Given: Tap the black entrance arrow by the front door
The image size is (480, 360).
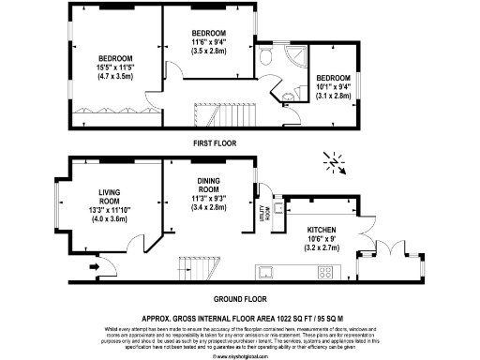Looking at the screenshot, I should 92,266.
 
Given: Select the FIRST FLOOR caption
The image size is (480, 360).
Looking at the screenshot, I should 214,143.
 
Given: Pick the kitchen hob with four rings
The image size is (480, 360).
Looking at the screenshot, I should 326,274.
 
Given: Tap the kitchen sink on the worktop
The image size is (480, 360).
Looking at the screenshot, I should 267,274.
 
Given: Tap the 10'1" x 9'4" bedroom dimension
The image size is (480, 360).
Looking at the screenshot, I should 333,87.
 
